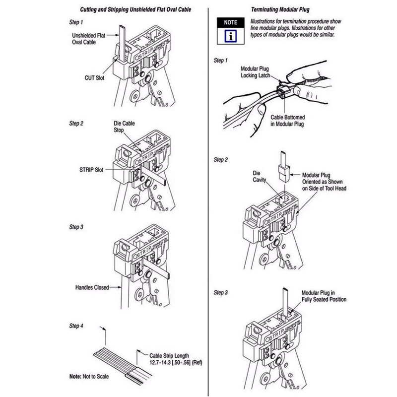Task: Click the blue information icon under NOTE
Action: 231,36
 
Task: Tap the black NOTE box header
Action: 231,22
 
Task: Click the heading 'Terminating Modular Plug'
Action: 280,9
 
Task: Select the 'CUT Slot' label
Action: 94,78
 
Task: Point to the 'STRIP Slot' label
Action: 91,170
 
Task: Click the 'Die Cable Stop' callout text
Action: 124,127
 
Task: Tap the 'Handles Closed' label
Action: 92,287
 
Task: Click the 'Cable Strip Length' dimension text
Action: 176,359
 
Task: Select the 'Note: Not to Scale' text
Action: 89,377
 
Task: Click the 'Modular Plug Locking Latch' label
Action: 255,72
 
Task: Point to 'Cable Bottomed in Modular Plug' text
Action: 288,121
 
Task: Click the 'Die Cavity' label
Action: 259,177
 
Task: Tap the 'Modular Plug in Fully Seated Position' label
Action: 324,296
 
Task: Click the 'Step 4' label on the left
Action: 76,326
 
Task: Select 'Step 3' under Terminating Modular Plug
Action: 220,292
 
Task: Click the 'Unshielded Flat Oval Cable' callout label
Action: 88,39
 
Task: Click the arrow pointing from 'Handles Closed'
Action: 115,287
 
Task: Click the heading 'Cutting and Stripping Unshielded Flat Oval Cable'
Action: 135,9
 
